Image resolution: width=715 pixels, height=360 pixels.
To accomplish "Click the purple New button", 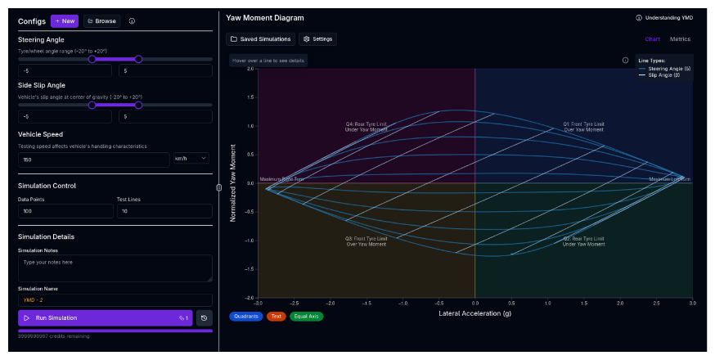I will (x=65, y=21).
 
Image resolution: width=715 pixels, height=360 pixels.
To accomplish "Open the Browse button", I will (x=101, y=21).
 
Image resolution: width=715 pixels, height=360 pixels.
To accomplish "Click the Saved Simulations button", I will (x=260, y=39).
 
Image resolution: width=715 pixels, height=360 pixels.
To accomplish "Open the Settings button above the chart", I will (x=318, y=39).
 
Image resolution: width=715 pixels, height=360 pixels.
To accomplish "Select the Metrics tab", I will (x=680, y=39).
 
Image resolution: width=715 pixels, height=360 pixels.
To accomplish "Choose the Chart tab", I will (x=652, y=39).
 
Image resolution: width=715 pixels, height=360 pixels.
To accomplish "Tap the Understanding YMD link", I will (x=664, y=17).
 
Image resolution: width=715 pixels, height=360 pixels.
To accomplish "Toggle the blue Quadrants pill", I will (x=246, y=316).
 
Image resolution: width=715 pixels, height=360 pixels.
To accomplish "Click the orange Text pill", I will (x=276, y=316).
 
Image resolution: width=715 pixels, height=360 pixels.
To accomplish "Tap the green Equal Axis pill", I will (x=306, y=316).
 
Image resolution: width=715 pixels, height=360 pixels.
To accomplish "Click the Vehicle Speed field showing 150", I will (x=93, y=159).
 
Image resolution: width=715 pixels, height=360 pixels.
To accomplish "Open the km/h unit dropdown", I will (x=191, y=159).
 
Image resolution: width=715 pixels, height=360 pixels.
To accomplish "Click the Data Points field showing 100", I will (x=65, y=211).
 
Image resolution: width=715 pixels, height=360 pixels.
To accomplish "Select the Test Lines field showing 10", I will (x=164, y=211).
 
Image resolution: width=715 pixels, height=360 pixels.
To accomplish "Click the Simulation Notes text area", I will (x=115, y=268).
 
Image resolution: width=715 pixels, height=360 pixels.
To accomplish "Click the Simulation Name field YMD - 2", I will (x=115, y=299).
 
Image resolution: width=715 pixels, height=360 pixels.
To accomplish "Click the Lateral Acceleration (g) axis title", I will (x=474, y=313).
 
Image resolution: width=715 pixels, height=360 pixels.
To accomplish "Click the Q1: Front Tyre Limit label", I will (x=583, y=124).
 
